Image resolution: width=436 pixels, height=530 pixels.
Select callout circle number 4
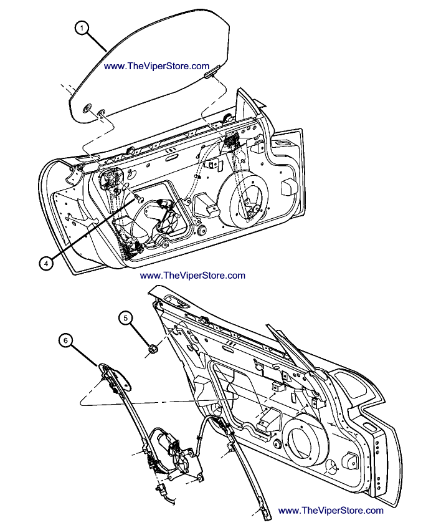pos(45,263)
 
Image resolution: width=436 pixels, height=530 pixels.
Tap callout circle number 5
pos(126,319)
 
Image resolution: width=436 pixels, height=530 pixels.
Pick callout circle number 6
pos(66,340)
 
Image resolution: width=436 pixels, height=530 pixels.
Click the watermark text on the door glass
pos(156,66)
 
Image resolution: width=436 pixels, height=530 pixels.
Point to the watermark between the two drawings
pos(192,275)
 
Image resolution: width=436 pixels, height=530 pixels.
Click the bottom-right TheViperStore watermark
pos(331,510)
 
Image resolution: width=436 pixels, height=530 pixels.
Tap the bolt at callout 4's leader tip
pos(138,198)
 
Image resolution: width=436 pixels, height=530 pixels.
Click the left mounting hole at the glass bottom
pos(86,108)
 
